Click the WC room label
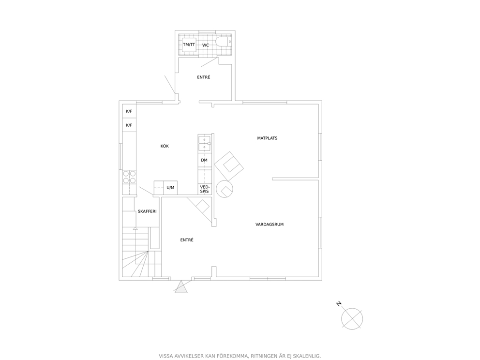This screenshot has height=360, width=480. (206, 45)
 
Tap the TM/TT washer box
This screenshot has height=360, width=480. (189, 45)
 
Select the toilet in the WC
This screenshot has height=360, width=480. (224, 41)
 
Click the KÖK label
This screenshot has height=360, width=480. (165, 146)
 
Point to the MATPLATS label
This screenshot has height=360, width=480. (267, 138)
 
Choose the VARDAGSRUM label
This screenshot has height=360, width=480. (270, 225)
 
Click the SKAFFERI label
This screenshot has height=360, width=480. (147, 211)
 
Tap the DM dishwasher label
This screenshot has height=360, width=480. (204, 160)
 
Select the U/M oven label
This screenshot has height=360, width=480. (170, 187)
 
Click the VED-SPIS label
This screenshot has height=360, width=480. (205, 189)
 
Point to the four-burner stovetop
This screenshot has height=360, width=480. (130, 177)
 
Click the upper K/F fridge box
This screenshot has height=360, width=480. (129, 111)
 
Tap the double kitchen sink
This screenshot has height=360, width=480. (205, 144)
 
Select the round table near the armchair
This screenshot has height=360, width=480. (225, 189)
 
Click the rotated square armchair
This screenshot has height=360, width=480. (229, 166)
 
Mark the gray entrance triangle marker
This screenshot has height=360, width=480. (181, 288)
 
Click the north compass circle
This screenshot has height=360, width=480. (352, 319)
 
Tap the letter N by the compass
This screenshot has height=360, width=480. (339, 304)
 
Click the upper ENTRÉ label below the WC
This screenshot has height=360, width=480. (204, 77)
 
